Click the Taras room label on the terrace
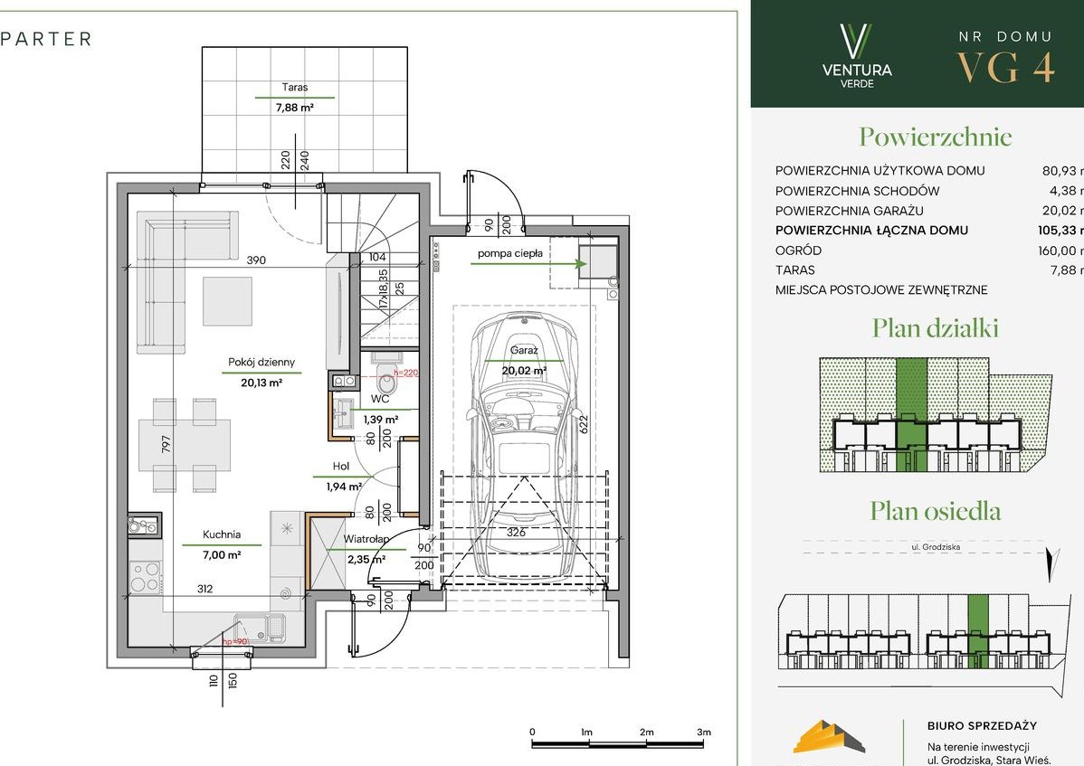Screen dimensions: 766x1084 (294, 88)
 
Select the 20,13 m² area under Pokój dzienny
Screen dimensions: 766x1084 (261, 383)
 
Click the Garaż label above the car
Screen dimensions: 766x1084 (524, 350)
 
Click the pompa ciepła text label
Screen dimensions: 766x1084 (510, 254)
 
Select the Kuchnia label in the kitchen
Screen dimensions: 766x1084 (221, 534)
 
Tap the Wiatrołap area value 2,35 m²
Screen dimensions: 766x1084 (366, 559)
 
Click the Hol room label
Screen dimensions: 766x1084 (340, 468)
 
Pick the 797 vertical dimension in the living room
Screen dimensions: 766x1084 (166, 444)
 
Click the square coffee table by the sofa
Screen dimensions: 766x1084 (227, 300)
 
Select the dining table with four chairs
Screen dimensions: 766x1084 (185, 445)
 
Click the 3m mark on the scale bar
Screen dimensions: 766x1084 (704, 732)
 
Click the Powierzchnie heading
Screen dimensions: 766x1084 (935, 137)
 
